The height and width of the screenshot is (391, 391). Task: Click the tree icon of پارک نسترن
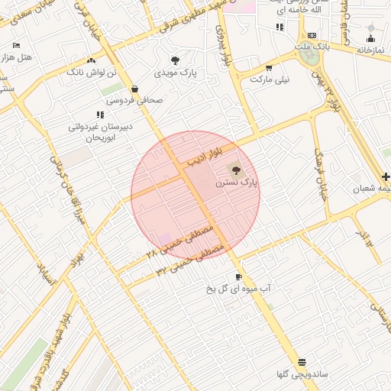tap(233, 169)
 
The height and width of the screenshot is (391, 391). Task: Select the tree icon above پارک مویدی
tap(176, 60)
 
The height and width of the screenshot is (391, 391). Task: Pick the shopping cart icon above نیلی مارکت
tap(268, 67)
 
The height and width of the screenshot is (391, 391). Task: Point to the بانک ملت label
tap(312, 47)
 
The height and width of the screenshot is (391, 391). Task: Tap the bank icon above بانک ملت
tap(312, 35)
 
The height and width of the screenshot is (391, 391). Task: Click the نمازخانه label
tap(370, 50)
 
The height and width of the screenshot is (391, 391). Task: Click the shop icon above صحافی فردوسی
tap(134, 88)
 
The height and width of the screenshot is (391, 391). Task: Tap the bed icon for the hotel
tap(17, 45)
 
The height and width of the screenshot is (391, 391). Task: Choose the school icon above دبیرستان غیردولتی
tap(100, 114)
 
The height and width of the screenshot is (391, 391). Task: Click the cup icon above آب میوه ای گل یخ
tap(238, 276)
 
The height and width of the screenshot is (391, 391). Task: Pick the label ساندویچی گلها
tap(302, 374)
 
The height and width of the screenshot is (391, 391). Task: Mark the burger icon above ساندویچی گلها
tap(302, 362)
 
